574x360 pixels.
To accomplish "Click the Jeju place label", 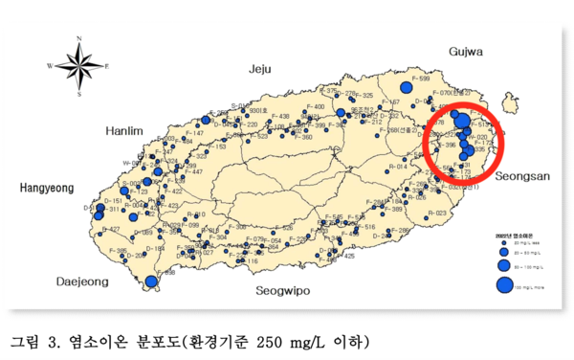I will point(260,69).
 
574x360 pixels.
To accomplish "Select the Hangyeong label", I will point(47,190).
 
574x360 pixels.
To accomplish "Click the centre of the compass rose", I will point(79,66).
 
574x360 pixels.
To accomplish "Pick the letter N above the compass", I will point(79,39).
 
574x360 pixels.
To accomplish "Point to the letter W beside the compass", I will point(50,66).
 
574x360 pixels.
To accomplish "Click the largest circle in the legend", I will point(503,283).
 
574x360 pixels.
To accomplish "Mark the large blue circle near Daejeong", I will point(151,281).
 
